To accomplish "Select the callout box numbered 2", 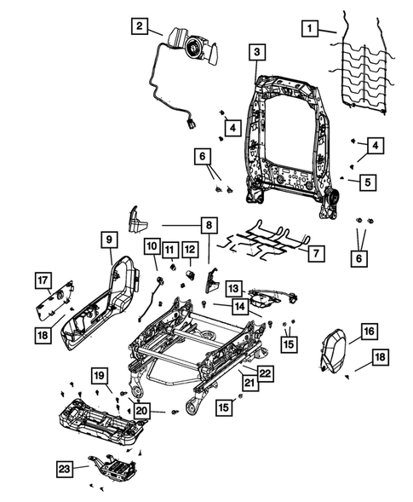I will point(138,26).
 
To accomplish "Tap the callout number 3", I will point(255,53).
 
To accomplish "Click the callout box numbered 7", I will point(315,253).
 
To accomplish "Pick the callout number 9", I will point(110,241).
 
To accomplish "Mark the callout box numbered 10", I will point(151,248).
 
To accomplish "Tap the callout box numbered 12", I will point(190,249).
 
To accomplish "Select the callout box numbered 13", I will point(233,288).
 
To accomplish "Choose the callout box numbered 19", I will point(100,376).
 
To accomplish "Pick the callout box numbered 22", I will point(265,372).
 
